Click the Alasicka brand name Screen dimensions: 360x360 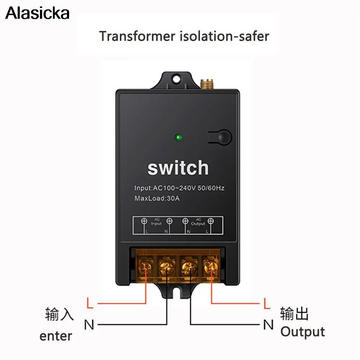pos(37,14)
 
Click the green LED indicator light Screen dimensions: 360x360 pos(178,138)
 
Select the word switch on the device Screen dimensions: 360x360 pos(178,168)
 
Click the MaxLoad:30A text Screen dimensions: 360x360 pos(157,198)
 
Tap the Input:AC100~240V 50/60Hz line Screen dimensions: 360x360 pos(179,188)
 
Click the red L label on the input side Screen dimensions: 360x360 pos(90,303)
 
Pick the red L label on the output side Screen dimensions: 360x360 pos(267,303)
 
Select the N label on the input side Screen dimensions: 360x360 pos(89,325)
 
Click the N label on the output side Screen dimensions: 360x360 pos(268,325)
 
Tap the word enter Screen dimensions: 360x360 pos(56,336)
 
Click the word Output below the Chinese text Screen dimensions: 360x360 pos(302,332)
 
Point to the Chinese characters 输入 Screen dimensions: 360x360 pos(59,314)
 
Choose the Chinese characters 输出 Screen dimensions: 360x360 pos(294,314)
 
